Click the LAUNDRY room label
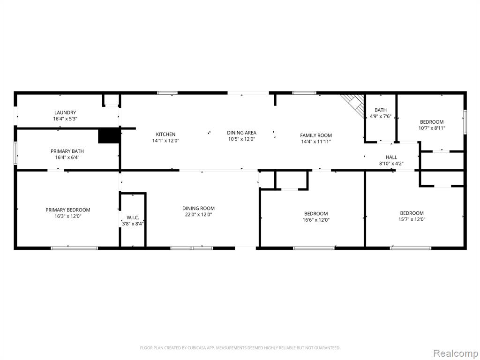pyautogui.click(x=65, y=112)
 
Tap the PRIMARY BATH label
pyautogui.click(x=67, y=151)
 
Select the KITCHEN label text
pyautogui.click(x=165, y=135)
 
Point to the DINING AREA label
pyautogui.click(x=241, y=133)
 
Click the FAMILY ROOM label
pyautogui.click(x=316, y=135)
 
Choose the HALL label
pyautogui.click(x=391, y=157)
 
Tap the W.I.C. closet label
pyautogui.click(x=133, y=217)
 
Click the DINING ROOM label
pyautogui.click(x=198, y=209)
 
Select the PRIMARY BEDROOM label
pyautogui.click(x=68, y=210)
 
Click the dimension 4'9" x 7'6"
pyautogui.click(x=381, y=116)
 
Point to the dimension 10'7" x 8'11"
pyautogui.click(x=432, y=128)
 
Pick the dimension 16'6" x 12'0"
pyautogui.click(x=316, y=220)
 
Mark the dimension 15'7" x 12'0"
pyautogui.click(x=412, y=219)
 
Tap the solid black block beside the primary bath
pyautogui.click(x=109, y=136)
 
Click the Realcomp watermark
pyautogui.click(x=456, y=353)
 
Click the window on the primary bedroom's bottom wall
pyautogui.click(x=75, y=248)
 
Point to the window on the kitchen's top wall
pyautogui.click(x=167, y=93)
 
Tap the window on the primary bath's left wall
pyautogui.click(x=15, y=153)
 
